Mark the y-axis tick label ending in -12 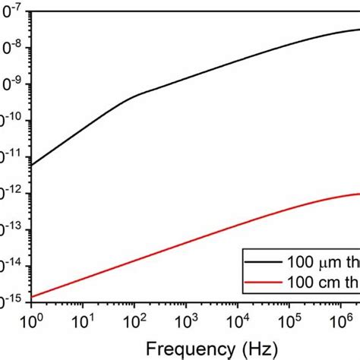11,193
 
